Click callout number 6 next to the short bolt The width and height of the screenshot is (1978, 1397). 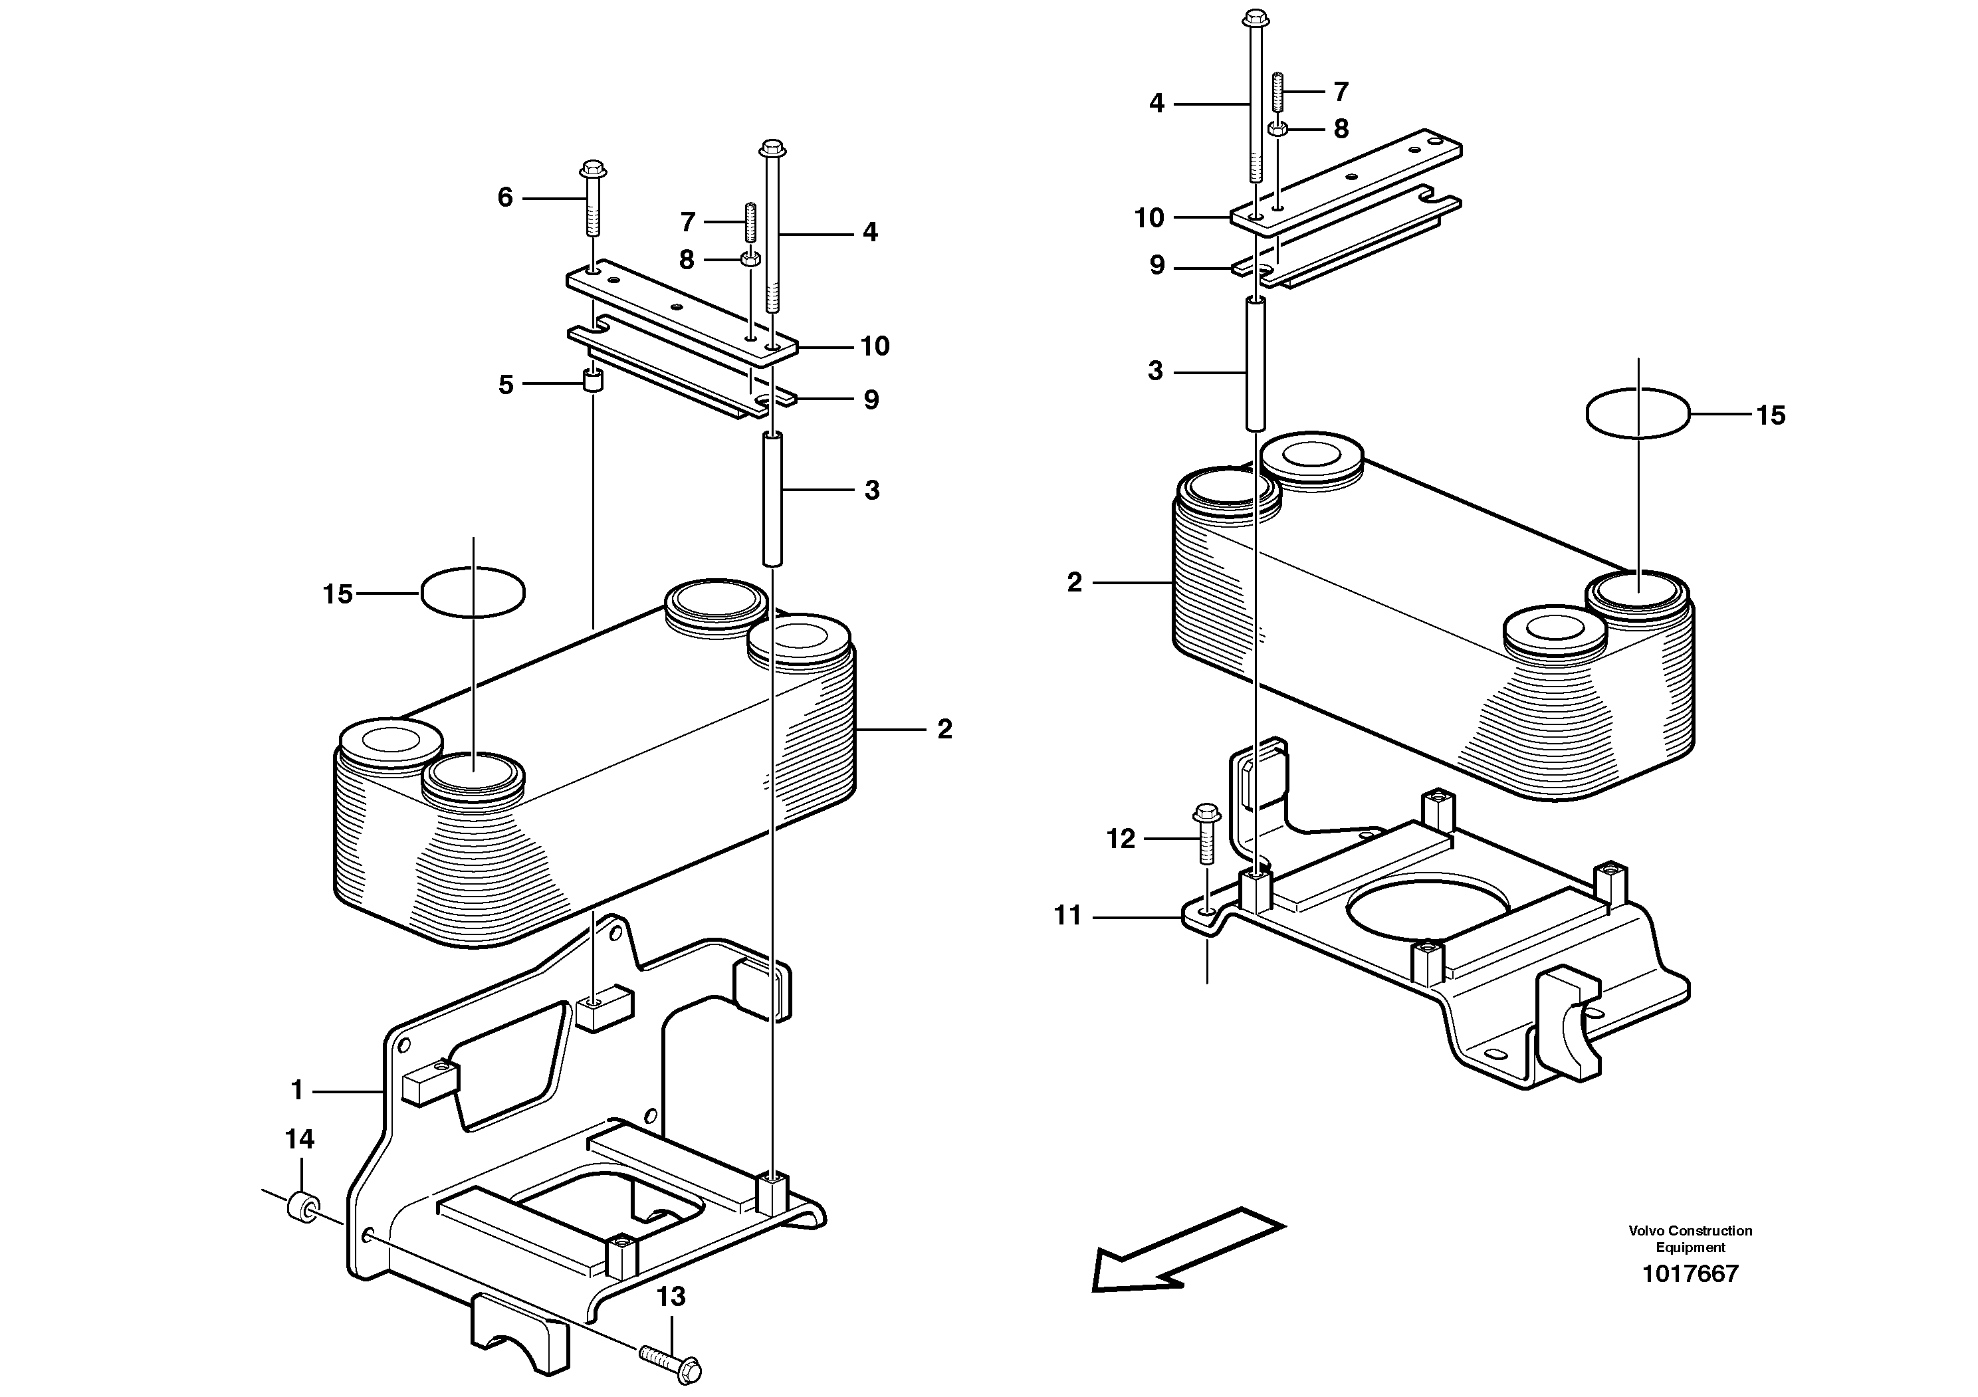[505, 198]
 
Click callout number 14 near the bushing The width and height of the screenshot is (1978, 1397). [300, 1140]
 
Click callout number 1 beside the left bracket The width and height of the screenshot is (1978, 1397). [297, 1091]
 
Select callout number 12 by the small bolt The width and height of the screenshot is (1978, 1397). [1120, 839]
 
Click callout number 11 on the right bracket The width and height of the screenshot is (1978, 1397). [1067, 916]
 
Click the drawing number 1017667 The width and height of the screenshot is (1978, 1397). [1690, 1274]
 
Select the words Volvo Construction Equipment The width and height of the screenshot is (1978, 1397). [1690, 1239]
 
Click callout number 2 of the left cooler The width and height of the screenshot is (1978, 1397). [944, 730]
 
